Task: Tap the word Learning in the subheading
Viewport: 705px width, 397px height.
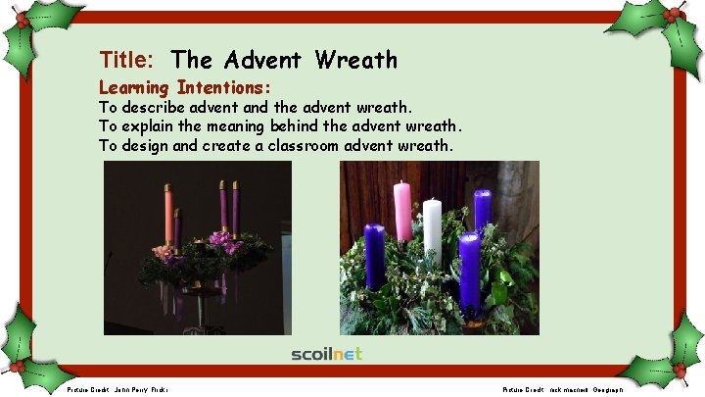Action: [x=134, y=87]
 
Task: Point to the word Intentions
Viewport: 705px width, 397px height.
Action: [x=223, y=87]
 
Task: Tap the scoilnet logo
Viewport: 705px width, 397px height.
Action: [x=326, y=353]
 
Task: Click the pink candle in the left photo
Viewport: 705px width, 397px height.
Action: [x=168, y=213]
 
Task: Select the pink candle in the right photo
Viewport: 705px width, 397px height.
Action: [x=401, y=211]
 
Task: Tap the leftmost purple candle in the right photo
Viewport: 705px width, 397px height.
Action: [x=374, y=256]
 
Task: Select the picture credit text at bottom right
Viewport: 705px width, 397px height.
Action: [x=562, y=389]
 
